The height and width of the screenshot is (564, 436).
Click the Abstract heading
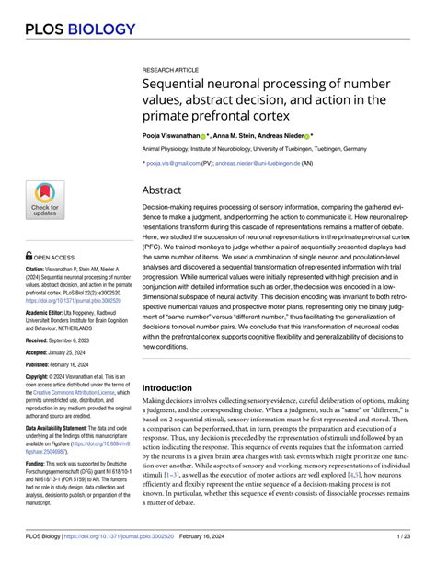pos(162,190)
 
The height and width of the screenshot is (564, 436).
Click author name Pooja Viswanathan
pos(169,135)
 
